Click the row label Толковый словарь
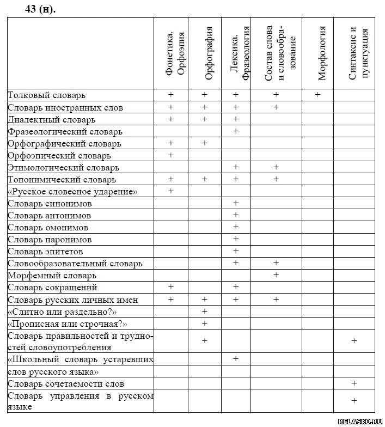pyautogui.click(x=47, y=95)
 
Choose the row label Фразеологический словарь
pyautogui.click(x=65, y=131)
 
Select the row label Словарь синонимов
pyautogui.click(x=50, y=203)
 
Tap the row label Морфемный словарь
pyautogui.click(x=52, y=275)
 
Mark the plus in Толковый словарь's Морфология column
pyautogui.click(x=317, y=95)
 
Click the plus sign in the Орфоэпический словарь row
pyautogui.click(x=171, y=155)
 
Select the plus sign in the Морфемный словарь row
pyautogui.click(x=276, y=275)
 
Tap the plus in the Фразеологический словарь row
pyautogui.click(x=236, y=131)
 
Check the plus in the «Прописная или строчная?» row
pyautogui.click(x=205, y=323)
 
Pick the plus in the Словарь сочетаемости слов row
pyautogui.click(x=355, y=383)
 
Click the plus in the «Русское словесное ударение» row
pyautogui.click(x=171, y=191)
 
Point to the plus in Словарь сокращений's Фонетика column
pyautogui.click(x=171, y=287)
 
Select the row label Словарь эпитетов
pyautogui.click(x=46, y=251)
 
